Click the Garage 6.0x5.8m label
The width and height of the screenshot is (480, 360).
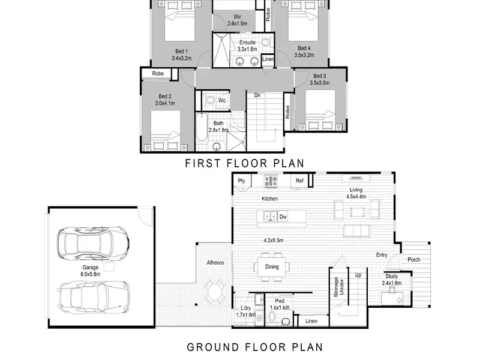(91, 271)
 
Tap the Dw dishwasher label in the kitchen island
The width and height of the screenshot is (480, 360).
(283, 217)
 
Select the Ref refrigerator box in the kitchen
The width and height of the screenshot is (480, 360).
(299, 181)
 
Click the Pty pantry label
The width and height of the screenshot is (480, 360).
(242, 181)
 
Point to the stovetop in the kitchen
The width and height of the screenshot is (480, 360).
(271, 181)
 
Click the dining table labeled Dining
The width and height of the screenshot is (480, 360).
(272, 267)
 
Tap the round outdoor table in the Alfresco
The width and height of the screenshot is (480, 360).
(215, 290)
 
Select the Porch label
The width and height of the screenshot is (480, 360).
(414, 260)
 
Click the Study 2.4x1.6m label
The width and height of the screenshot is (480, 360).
(392, 280)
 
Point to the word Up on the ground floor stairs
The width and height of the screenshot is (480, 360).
(358, 275)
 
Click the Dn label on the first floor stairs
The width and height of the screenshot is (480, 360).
(257, 95)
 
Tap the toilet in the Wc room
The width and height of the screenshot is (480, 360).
(211, 100)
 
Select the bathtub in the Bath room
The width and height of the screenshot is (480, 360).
(202, 127)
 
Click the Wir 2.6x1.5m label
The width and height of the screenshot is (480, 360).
(237, 20)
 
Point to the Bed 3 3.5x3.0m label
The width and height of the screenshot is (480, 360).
(320, 79)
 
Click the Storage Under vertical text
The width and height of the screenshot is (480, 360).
(338, 287)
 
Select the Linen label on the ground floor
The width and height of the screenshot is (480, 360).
(311, 321)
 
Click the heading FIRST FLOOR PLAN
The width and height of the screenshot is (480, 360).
(245, 163)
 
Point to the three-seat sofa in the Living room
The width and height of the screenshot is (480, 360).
(357, 231)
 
